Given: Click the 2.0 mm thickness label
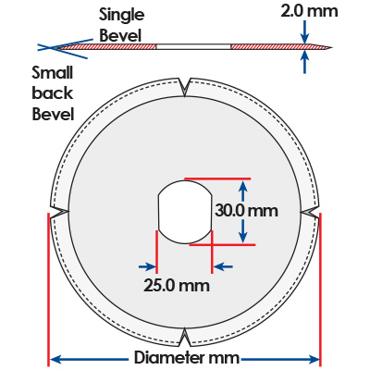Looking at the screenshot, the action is point(309,11).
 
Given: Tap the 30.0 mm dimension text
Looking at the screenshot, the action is point(246,211).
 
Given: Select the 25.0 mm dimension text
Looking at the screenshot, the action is point(177,286).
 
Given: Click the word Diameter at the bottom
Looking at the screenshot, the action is point(168,358).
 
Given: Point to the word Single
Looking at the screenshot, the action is point(121,16).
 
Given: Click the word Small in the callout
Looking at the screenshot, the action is point(53,73).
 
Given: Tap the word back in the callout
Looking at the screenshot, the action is point(53,93).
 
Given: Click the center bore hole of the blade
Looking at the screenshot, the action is point(185,212).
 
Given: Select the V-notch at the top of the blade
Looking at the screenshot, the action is point(185,87).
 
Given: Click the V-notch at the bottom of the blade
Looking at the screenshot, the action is point(185,337).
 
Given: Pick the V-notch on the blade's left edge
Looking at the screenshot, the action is point(59,213).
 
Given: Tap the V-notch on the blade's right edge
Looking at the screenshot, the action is point(309,213).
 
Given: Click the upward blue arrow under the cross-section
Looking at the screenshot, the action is point(304,62).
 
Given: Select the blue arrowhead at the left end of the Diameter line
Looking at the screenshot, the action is point(55,359).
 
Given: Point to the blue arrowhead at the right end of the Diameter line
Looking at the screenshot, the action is point(314,359).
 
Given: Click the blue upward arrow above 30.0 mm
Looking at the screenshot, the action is point(243,191).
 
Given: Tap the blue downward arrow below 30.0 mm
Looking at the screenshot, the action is point(243,231).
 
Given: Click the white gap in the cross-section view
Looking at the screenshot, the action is point(193,46).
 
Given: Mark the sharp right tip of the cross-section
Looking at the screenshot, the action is point(332,48).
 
